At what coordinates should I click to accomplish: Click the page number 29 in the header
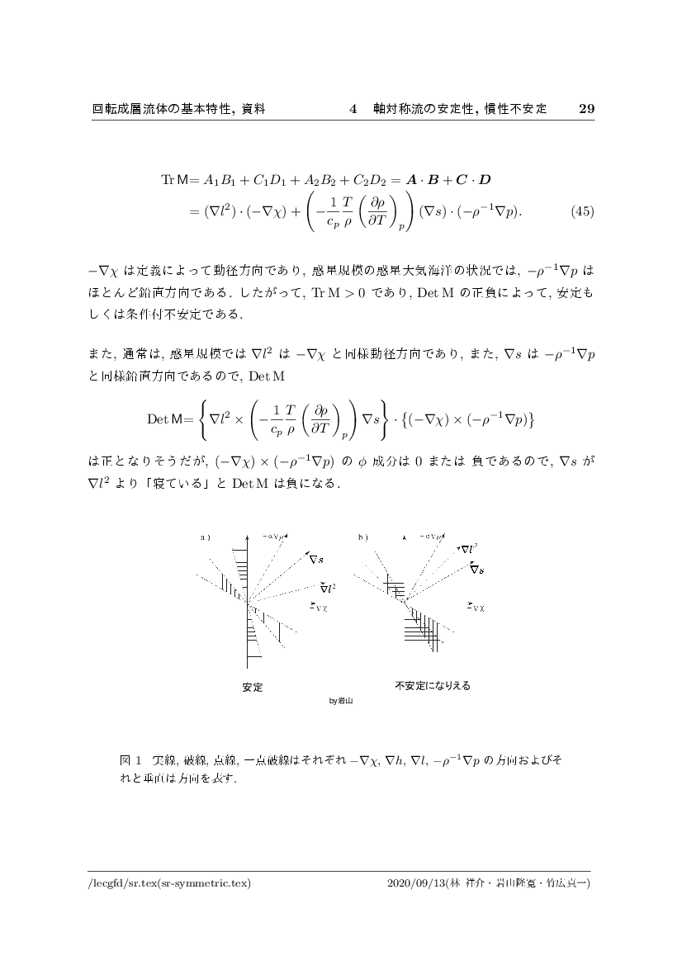[x=586, y=108]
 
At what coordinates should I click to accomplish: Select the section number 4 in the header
[x=353, y=108]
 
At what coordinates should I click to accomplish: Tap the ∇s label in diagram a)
[x=315, y=560]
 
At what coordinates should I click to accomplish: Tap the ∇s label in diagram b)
[x=476, y=569]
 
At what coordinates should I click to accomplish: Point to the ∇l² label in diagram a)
[x=328, y=588]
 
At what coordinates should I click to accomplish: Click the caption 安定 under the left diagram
[x=253, y=687]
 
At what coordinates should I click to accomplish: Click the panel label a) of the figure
[x=206, y=537]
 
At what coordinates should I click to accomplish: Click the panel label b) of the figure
[x=362, y=537]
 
